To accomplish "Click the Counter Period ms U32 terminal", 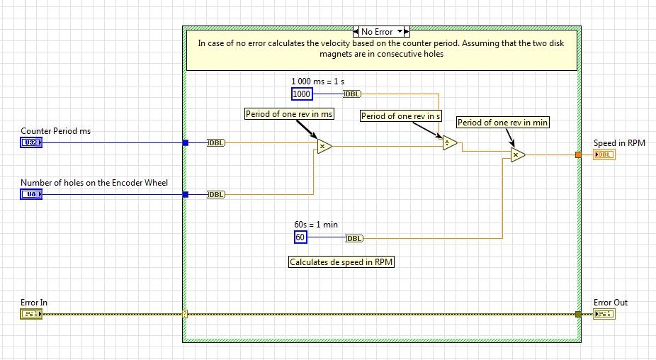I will click(31, 142).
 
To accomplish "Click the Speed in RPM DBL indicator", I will click(604, 154).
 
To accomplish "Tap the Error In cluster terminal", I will click(31, 314).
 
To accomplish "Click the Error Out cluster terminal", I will click(604, 314).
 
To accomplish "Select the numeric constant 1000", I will click(302, 94).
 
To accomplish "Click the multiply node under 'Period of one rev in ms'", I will click(323, 146).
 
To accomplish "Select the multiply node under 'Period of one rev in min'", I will click(517, 154).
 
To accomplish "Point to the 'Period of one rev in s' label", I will click(400, 116).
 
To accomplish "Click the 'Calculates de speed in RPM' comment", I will click(341, 262).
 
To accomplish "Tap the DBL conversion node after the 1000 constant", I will click(353, 94).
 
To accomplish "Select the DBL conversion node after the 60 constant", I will click(355, 238).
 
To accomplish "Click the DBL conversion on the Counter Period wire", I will click(216, 142).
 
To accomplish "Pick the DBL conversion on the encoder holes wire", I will click(216, 194).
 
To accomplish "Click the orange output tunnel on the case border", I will click(578, 154).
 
